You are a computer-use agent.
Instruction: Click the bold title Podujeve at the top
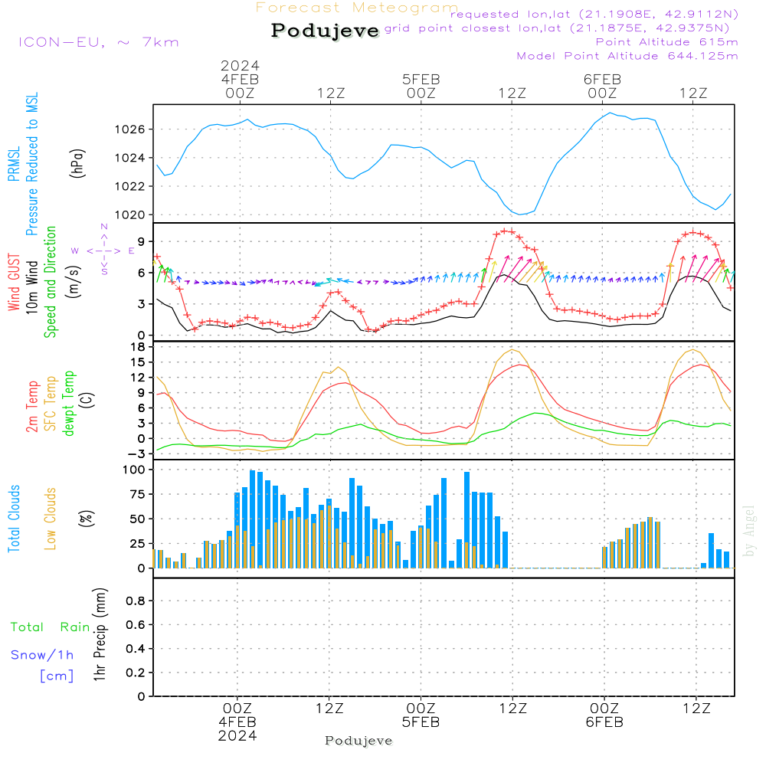[326, 31]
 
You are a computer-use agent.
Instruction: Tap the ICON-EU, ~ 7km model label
[98, 42]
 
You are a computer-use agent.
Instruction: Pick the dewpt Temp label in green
[69, 404]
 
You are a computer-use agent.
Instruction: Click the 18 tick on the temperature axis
[139, 347]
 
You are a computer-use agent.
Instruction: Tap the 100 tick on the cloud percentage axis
[135, 470]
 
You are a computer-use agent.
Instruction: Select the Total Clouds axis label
[14, 519]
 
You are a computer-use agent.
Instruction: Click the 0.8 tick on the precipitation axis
[135, 601]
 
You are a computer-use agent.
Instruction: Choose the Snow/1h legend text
[43, 655]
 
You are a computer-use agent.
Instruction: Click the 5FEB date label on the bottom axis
[421, 722]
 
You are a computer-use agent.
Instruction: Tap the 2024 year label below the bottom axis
[237, 736]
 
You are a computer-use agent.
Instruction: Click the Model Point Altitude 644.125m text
[627, 56]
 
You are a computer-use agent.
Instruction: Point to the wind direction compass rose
[104, 250]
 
